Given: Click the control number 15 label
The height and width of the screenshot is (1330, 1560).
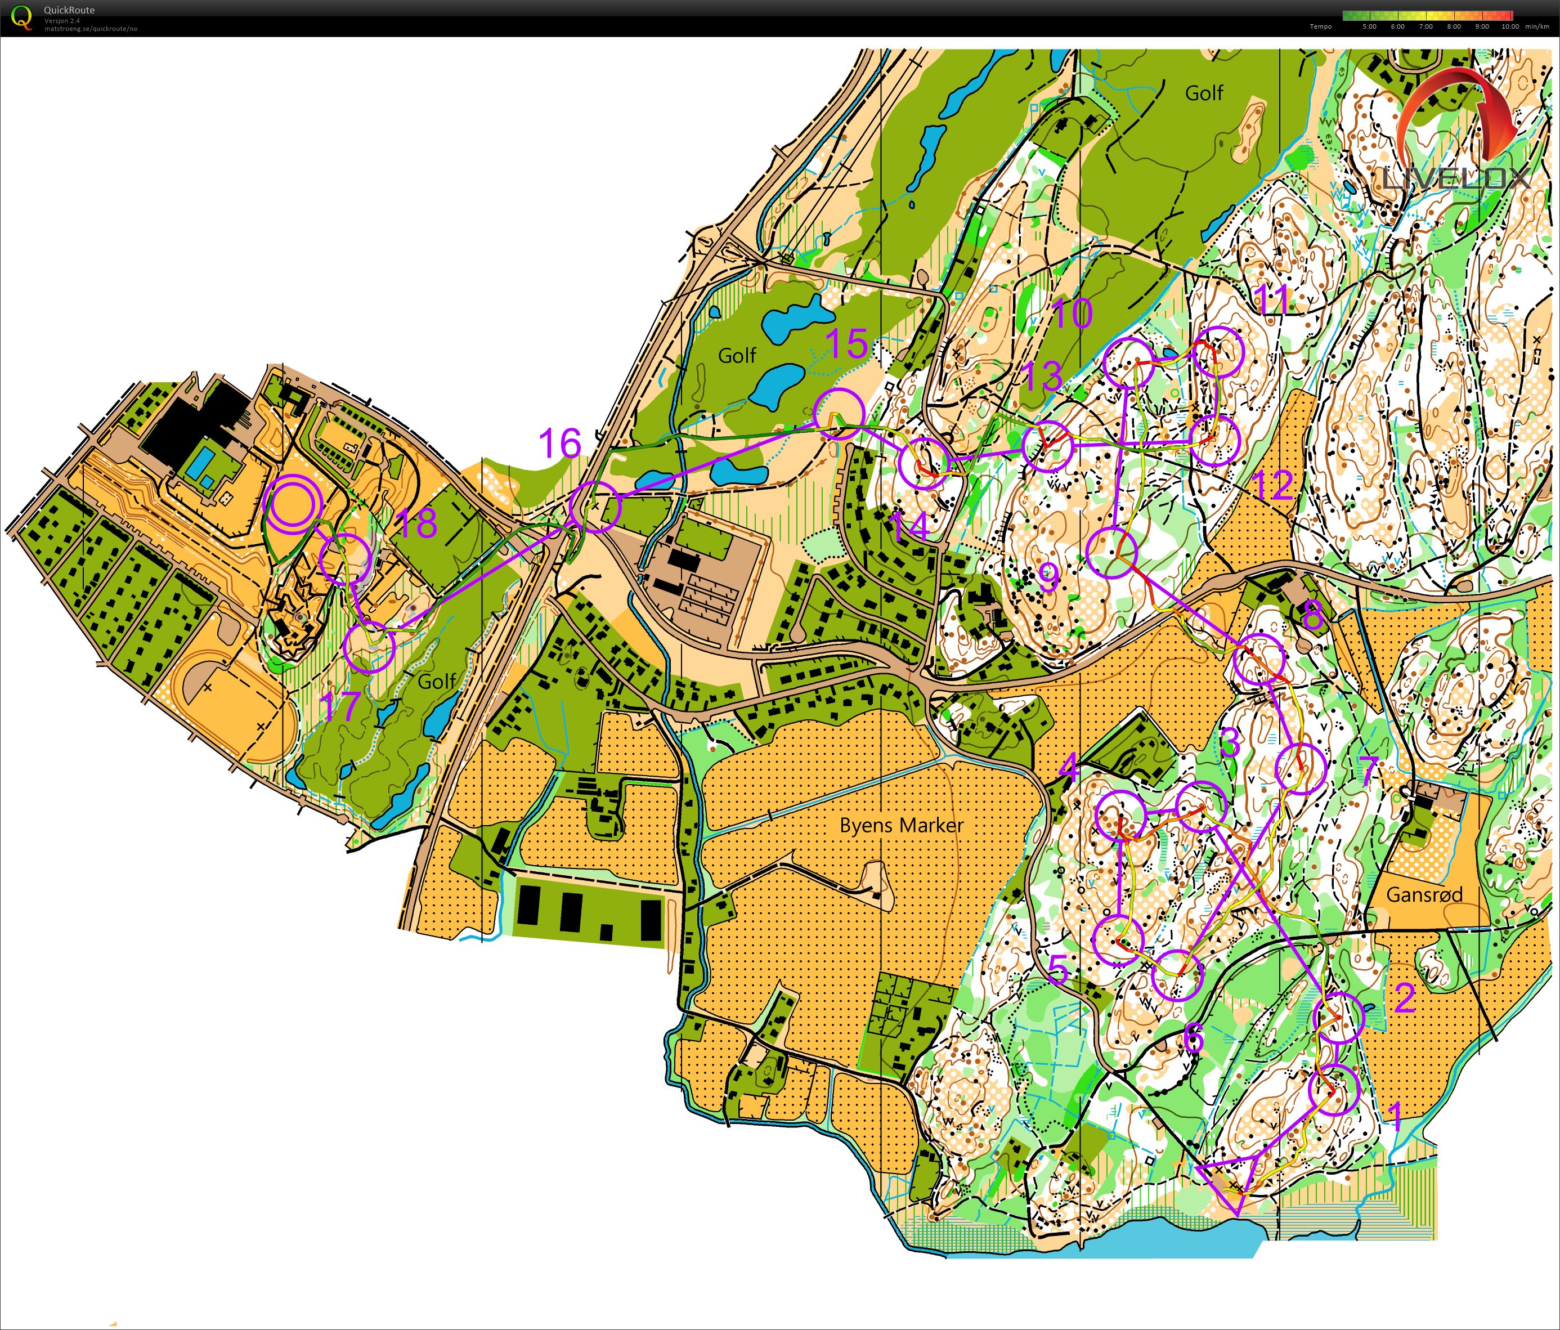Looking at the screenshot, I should [x=847, y=343].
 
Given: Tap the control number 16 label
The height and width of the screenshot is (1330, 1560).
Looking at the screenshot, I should [x=560, y=444].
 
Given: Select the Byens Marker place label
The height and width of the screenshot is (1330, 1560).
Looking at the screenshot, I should [x=901, y=826].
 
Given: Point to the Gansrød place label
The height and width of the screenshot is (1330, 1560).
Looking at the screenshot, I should [x=1424, y=895].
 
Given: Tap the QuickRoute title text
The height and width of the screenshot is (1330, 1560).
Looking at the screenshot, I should [x=69, y=10].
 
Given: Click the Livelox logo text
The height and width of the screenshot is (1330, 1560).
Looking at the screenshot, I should [x=1456, y=178].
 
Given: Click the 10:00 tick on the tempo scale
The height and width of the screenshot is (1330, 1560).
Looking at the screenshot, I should [x=1509, y=26].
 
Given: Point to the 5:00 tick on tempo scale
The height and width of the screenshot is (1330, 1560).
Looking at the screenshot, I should [x=1370, y=26].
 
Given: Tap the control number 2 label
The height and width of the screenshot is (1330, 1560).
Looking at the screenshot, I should [x=1404, y=998].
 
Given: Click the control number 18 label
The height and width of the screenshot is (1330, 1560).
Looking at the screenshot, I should [x=415, y=523].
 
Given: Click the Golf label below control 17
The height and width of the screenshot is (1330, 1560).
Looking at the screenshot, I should [x=437, y=682].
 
